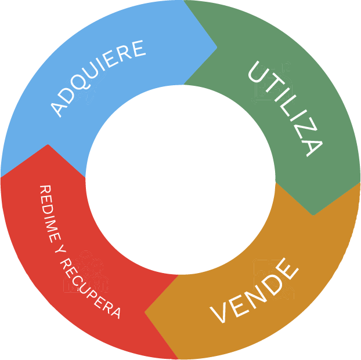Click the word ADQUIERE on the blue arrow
pos(98,77)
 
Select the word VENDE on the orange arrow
pos(255,292)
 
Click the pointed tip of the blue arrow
pos(216,48)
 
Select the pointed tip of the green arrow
pos(313,215)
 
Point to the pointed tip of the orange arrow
pos(145,312)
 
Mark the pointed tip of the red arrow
pos(48,145)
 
